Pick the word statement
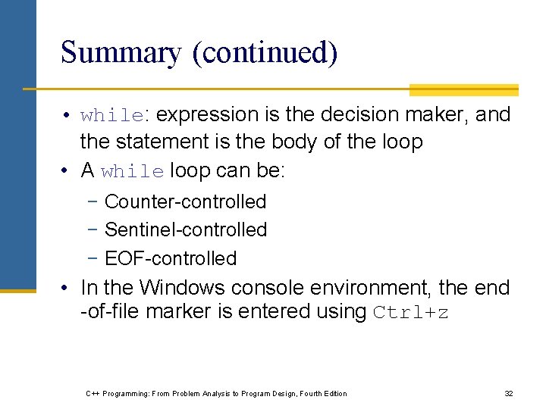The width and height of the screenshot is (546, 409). pyautogui.click(x=158, y=142)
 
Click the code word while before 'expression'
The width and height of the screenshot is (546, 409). pyautogui.click(x=111, y=116)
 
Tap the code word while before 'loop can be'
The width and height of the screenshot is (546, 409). pyautogui.click(x=132, y=171)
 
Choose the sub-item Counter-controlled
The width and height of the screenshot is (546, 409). pyautogui.click(x=185, y=201)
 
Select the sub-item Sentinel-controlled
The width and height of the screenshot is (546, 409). pyautogui.click(x=186, y=229)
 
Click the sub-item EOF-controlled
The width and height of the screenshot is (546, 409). pyautogui.click(x=171, y=258)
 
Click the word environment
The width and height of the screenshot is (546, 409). pyautogui.click(x=366, y=288)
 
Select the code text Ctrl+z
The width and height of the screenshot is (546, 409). pyautogui.click(x=411, y=312)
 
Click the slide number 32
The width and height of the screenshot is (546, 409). pyautogui.click(x=509, y=393)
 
